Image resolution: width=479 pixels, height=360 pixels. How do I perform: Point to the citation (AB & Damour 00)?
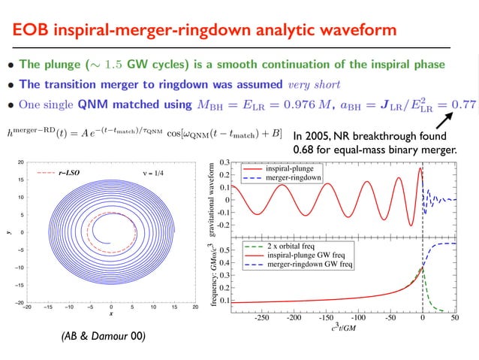[x=104, y=336]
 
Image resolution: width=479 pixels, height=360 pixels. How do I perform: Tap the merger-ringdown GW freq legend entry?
[x=301, y=265]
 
